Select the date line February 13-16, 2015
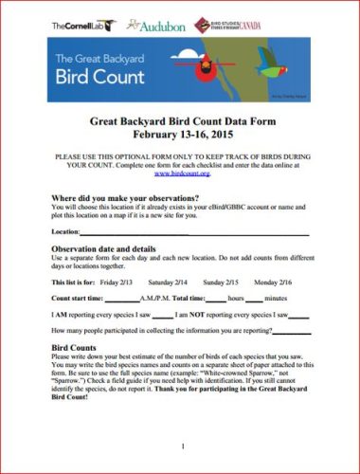coord(180,136)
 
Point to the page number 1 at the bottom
coord(181,446)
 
